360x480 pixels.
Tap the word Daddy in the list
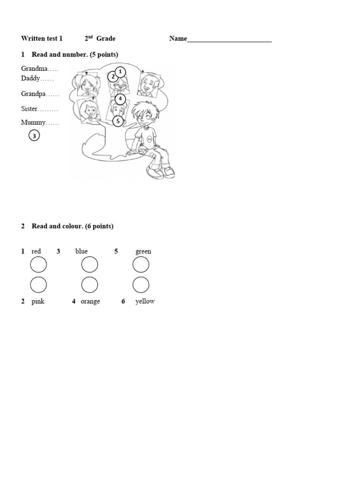point(31,78)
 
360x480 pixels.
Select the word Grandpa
point(33,94)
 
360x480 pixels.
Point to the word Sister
point(29,109)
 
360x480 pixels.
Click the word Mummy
point(33,122)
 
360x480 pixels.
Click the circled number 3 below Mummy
point(34,136)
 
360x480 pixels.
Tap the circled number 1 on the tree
point(120,72)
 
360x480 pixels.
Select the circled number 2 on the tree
point(113,76)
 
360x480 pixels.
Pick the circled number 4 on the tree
point(120,99)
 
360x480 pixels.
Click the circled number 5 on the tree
point(118,121)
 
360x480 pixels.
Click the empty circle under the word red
point(38,265)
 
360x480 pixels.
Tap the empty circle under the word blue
point(90,265)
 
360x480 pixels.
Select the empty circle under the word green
point(141,265)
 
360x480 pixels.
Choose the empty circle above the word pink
point(38,285)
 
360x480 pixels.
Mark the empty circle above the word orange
point(90,285)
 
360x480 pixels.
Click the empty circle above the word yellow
point(141,285)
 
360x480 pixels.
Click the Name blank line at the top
point(229,40)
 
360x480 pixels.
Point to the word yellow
point(145,301)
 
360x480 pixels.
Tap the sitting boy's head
point(143,113)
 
